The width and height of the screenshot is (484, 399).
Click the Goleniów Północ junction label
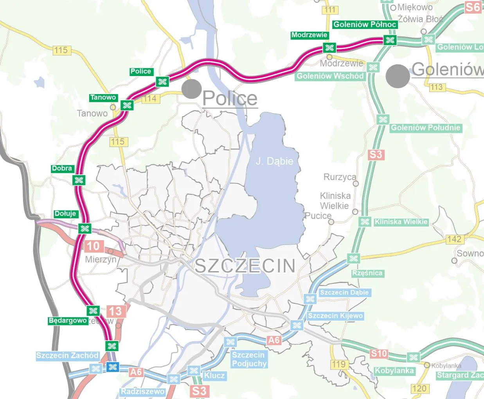(x=365, y=25)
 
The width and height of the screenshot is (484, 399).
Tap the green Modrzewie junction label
(x=309, y=35)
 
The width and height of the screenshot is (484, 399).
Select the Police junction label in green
(x=141, y=71)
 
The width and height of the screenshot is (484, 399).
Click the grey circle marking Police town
(x=192, y=89)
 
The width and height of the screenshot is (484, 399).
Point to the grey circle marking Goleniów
(x=398, y=76)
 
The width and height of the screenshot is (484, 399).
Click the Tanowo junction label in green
(x=103, y=97)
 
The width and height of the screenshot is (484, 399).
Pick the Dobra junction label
(x=62, y=168)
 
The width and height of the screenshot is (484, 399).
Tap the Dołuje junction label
(x=65, y=214)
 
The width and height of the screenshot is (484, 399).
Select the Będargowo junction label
(x=68, y=320)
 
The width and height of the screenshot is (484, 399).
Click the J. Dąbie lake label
(x=274, y=161)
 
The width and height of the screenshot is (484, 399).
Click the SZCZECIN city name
(x=245, y=266)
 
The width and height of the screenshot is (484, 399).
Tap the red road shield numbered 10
(x=93, y=246)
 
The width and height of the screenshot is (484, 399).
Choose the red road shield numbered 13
(x=115, y=311)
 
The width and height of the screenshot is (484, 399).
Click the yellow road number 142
(x=454, y=239)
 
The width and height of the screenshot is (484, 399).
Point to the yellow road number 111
(x=330, y=10)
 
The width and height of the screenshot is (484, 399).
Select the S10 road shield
(x=379, y=354)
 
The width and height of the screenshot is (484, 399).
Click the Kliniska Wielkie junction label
(x=401, y=222)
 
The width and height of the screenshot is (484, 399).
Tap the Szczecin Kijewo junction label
(x=335, y=316)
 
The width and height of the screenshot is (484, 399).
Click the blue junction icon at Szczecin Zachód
(x=113, y=367)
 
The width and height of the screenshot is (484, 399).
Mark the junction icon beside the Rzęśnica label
(x=353, y=258)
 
